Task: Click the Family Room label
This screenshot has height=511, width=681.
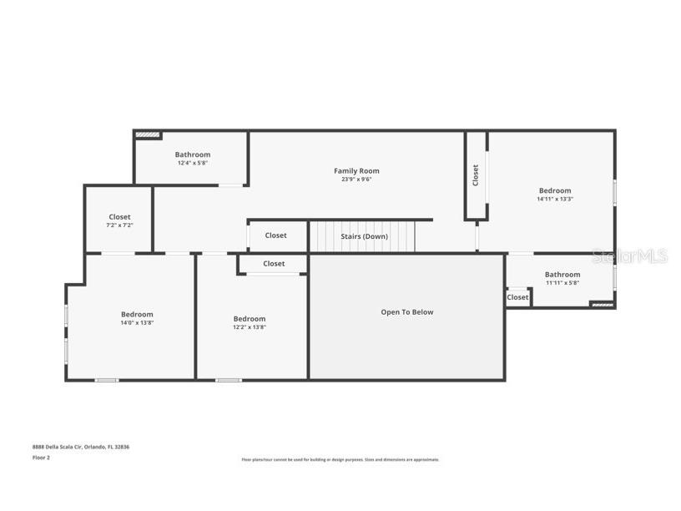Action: coord(356,171)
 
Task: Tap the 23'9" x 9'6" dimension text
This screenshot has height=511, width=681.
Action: coord(356,180)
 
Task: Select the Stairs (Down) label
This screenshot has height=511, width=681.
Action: coord(364,236)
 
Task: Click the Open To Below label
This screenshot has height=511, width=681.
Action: coord(407,312)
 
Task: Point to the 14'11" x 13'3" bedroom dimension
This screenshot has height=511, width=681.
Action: coord(555,200)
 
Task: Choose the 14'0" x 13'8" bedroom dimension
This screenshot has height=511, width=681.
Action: coord(137,322)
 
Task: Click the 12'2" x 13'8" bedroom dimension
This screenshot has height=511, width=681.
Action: coord(250,327)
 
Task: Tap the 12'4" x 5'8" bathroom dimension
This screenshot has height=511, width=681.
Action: coord(193,163)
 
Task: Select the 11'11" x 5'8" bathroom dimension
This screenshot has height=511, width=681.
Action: coord(562,282)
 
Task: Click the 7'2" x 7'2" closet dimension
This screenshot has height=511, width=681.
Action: coord(119,225)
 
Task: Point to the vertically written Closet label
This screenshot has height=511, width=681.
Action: coord(476,175)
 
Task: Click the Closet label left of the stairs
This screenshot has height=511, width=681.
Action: coord(276,235)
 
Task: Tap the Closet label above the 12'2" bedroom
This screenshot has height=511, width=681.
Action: coord(274,264)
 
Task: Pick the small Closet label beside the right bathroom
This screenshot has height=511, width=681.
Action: coord(517,297)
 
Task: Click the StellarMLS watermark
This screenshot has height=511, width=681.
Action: coord(630,256)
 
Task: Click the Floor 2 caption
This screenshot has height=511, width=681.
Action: coord(41,458)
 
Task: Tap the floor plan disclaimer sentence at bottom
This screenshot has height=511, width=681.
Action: coord(340,459)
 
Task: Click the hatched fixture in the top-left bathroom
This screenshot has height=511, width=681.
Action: coord(147,134)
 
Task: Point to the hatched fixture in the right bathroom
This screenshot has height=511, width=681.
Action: coord(601,305)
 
